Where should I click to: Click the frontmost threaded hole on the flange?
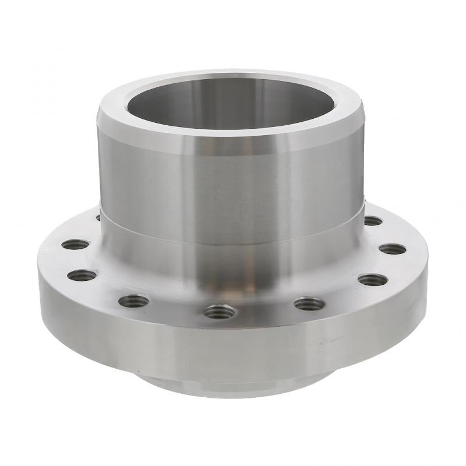tap(220, 312)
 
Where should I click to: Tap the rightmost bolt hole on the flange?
tap(392, 249)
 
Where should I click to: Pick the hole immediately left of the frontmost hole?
tap(133, 301)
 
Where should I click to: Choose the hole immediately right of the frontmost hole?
tap(309, 303)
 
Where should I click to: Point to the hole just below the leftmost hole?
tap(82, 275)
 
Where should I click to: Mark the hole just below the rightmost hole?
tap(373, 280)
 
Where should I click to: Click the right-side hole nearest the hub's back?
tap(373, 221)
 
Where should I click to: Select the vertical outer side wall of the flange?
tap(233, 349)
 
